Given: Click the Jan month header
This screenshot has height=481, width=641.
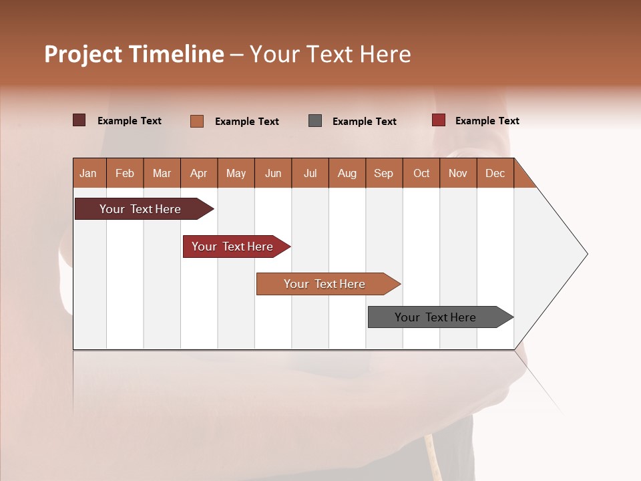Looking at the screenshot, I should (89, 173).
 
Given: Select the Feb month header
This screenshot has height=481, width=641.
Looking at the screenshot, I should (125, 173).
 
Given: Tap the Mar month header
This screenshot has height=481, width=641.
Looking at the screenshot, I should (162, 173).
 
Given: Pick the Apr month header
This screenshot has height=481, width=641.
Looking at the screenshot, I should (199, 173).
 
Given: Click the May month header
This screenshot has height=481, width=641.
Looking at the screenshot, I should (236, 173).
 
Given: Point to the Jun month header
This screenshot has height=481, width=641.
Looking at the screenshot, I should (273, 173).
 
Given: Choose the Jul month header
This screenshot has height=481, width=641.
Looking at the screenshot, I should (310, 173).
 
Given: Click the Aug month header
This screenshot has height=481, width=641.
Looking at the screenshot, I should (347, 173).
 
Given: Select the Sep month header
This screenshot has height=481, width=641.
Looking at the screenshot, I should (384, 173).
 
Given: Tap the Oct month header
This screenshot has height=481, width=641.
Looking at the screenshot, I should (421, 173).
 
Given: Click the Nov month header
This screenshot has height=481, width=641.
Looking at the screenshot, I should (458, 173).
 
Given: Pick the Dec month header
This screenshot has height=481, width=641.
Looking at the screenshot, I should (495, 173).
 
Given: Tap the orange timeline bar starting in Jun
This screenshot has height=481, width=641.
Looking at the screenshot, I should (325, 284).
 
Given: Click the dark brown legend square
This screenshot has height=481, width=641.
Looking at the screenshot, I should (79, 120).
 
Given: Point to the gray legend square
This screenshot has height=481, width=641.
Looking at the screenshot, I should (315, 120).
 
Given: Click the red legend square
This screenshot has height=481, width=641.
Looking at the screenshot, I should (438, 120).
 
